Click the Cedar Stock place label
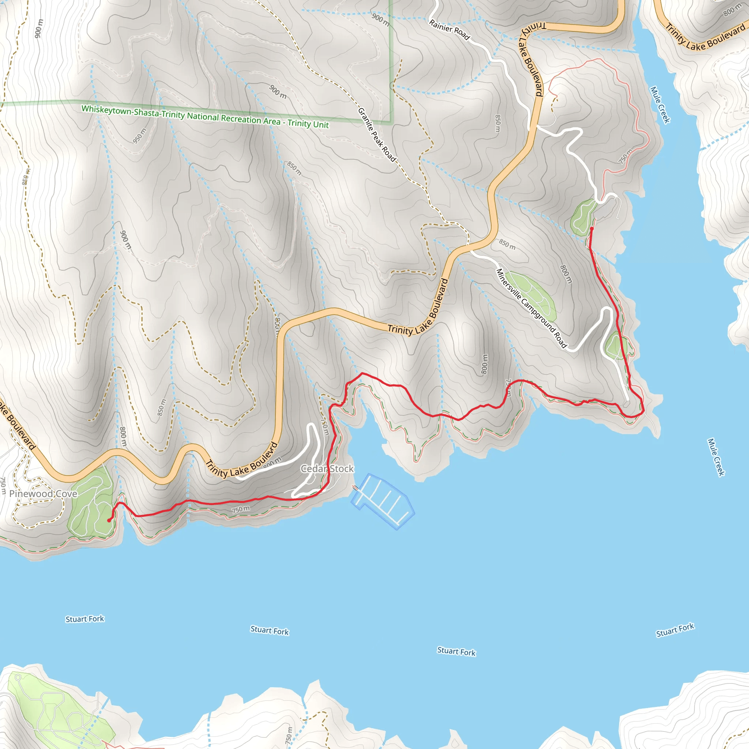(x=327, y=469)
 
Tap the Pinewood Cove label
(x=43, y=493)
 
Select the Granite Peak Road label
(x=376, y=135)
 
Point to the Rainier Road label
(x=449, y=30)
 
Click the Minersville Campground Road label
(x=531, y=308)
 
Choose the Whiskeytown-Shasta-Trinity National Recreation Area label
(x=205, y=116)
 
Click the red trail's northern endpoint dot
(x=592, y=229)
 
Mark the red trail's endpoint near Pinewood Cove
(x=109, y=520)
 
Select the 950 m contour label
(x=140, y=136)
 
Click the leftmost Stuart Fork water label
(x=85, y=619)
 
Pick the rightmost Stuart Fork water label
(x=675, y=630)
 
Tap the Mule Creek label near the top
(x=660, y=105)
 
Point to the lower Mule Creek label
(x=716, y=457)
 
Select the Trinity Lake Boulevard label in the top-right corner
(x=705, y=37)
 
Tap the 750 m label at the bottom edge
(x=289, y=735)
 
